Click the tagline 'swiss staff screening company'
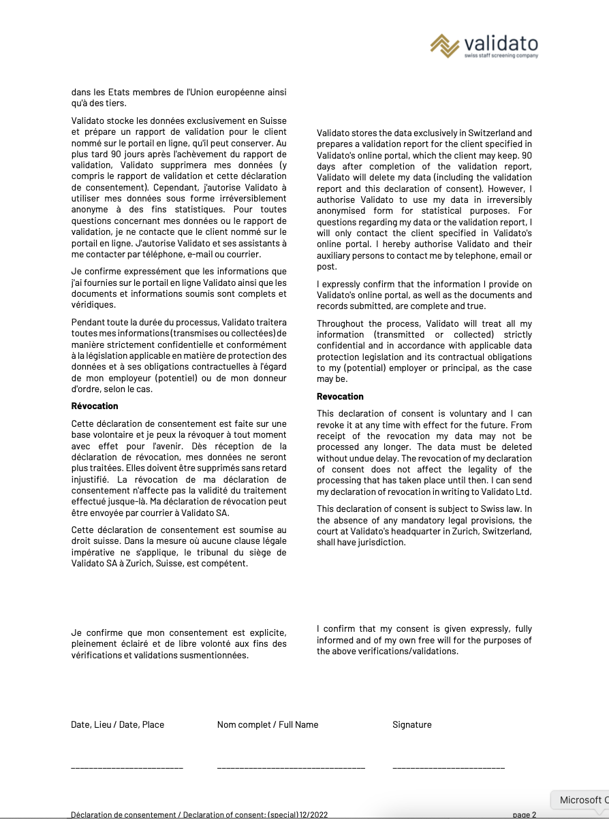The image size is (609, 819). coord(501,56)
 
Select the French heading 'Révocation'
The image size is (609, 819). coord(95,406)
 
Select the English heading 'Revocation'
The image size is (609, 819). coord(340,396)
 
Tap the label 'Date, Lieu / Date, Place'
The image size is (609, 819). coord(117,724)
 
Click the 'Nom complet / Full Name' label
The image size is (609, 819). coord(268,724)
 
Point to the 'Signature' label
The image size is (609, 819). coord(412,724)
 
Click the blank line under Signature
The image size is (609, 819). coord(448,768)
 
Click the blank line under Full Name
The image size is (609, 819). coord(291,768)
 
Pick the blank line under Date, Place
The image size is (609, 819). coord(127,768)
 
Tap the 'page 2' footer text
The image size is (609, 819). coord(525,814)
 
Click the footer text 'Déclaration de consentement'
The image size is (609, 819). coord(123,814)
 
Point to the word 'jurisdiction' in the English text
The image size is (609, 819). coord(382,543)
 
